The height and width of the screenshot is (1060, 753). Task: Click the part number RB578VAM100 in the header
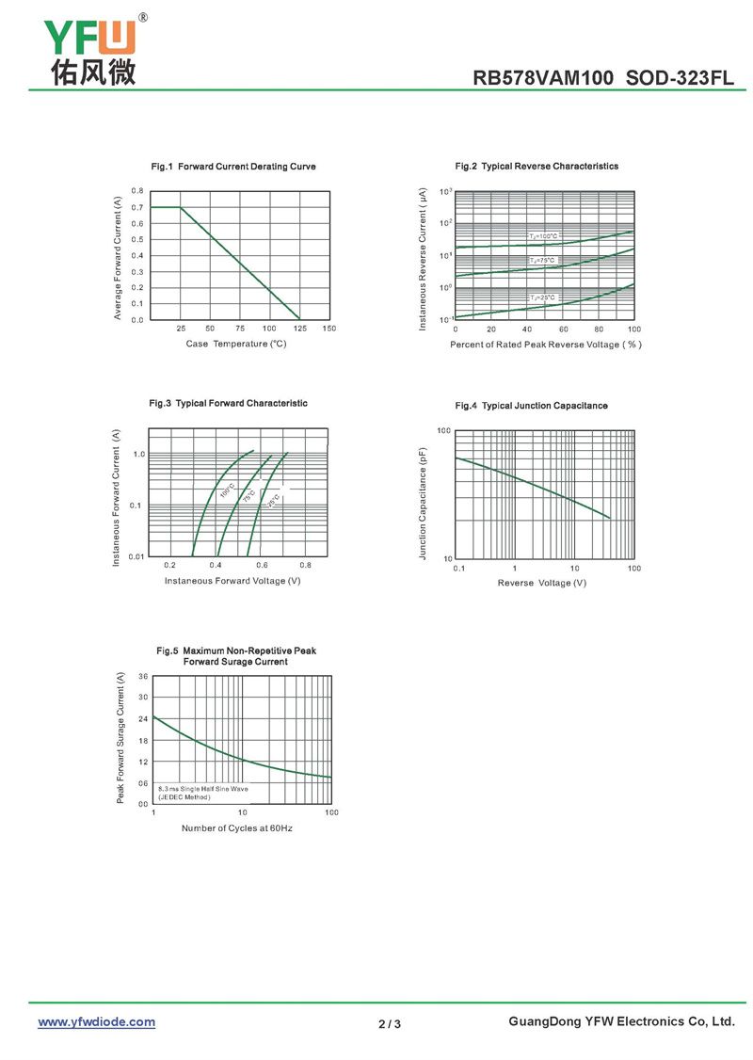point(545,79)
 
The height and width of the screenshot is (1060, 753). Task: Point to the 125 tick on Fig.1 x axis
point(299,329)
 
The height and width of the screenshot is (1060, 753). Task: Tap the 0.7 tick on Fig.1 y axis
point(137,207)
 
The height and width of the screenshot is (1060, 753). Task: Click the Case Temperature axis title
point(236,344)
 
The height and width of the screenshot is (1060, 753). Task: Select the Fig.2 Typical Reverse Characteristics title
point(537,166)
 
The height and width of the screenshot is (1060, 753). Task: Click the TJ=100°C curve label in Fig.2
point(543,235)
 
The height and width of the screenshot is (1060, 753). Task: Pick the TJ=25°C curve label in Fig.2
point(542,297)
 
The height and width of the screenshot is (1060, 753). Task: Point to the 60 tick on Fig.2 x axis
point(563,329)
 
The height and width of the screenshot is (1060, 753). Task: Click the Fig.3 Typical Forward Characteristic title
point(229,403)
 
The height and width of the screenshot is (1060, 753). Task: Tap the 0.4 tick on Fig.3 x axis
point(216,565)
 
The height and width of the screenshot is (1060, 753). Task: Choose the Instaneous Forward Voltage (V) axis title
point(232,580)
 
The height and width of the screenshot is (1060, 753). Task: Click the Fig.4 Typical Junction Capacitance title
point(531,406)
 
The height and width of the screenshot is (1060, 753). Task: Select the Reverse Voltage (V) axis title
point(542,583)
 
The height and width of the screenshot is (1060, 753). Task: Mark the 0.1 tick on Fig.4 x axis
point(458,569)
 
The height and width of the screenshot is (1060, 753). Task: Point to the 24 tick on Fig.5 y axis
point(142,718)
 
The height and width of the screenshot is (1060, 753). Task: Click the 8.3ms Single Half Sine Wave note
point(202,788)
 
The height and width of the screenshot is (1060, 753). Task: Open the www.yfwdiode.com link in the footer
point(96,1021)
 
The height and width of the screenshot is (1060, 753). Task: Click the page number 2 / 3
point(390,1023)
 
